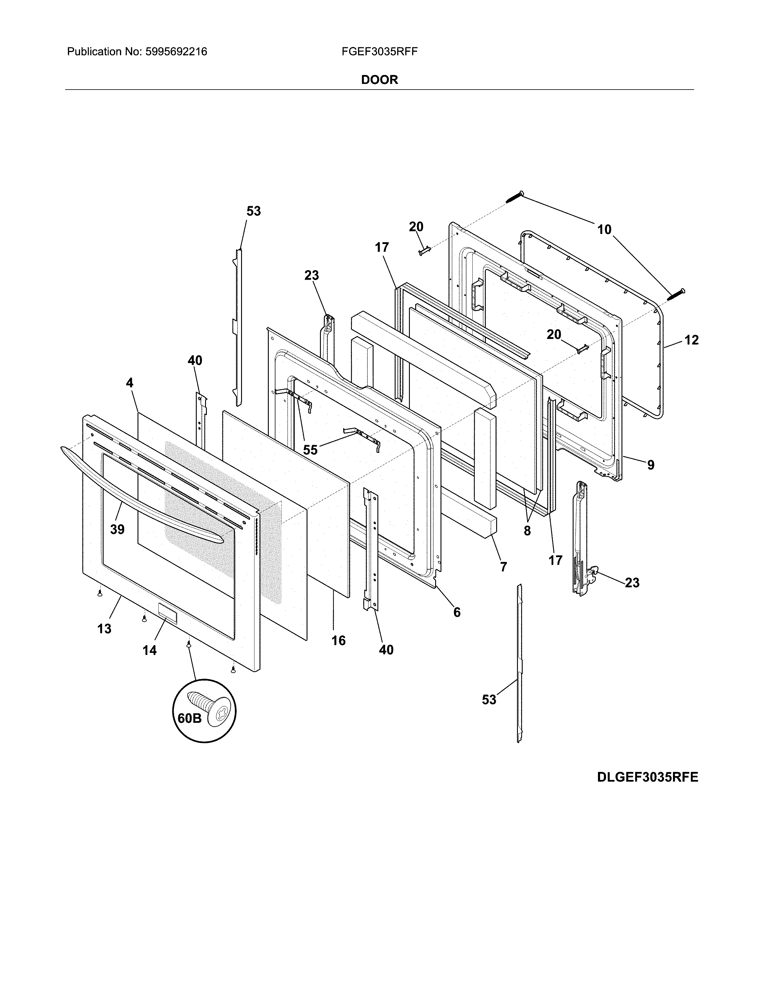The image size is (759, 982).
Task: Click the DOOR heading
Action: click(379, 80)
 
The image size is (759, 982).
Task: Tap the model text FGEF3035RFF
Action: click(379, 52)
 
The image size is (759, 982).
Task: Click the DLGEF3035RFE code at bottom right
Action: click(647, 777)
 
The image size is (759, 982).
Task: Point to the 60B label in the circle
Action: click(189, 718)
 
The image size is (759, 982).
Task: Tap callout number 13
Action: click(104, 628)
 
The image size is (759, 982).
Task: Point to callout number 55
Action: click(310, 450)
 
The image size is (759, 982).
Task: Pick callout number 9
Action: click(651, 465)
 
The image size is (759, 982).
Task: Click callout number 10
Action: click(604, 230)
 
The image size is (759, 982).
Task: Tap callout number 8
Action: click(527, 531)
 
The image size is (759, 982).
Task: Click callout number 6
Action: click(457, 612)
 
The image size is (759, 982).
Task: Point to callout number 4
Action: click(129, 383)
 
